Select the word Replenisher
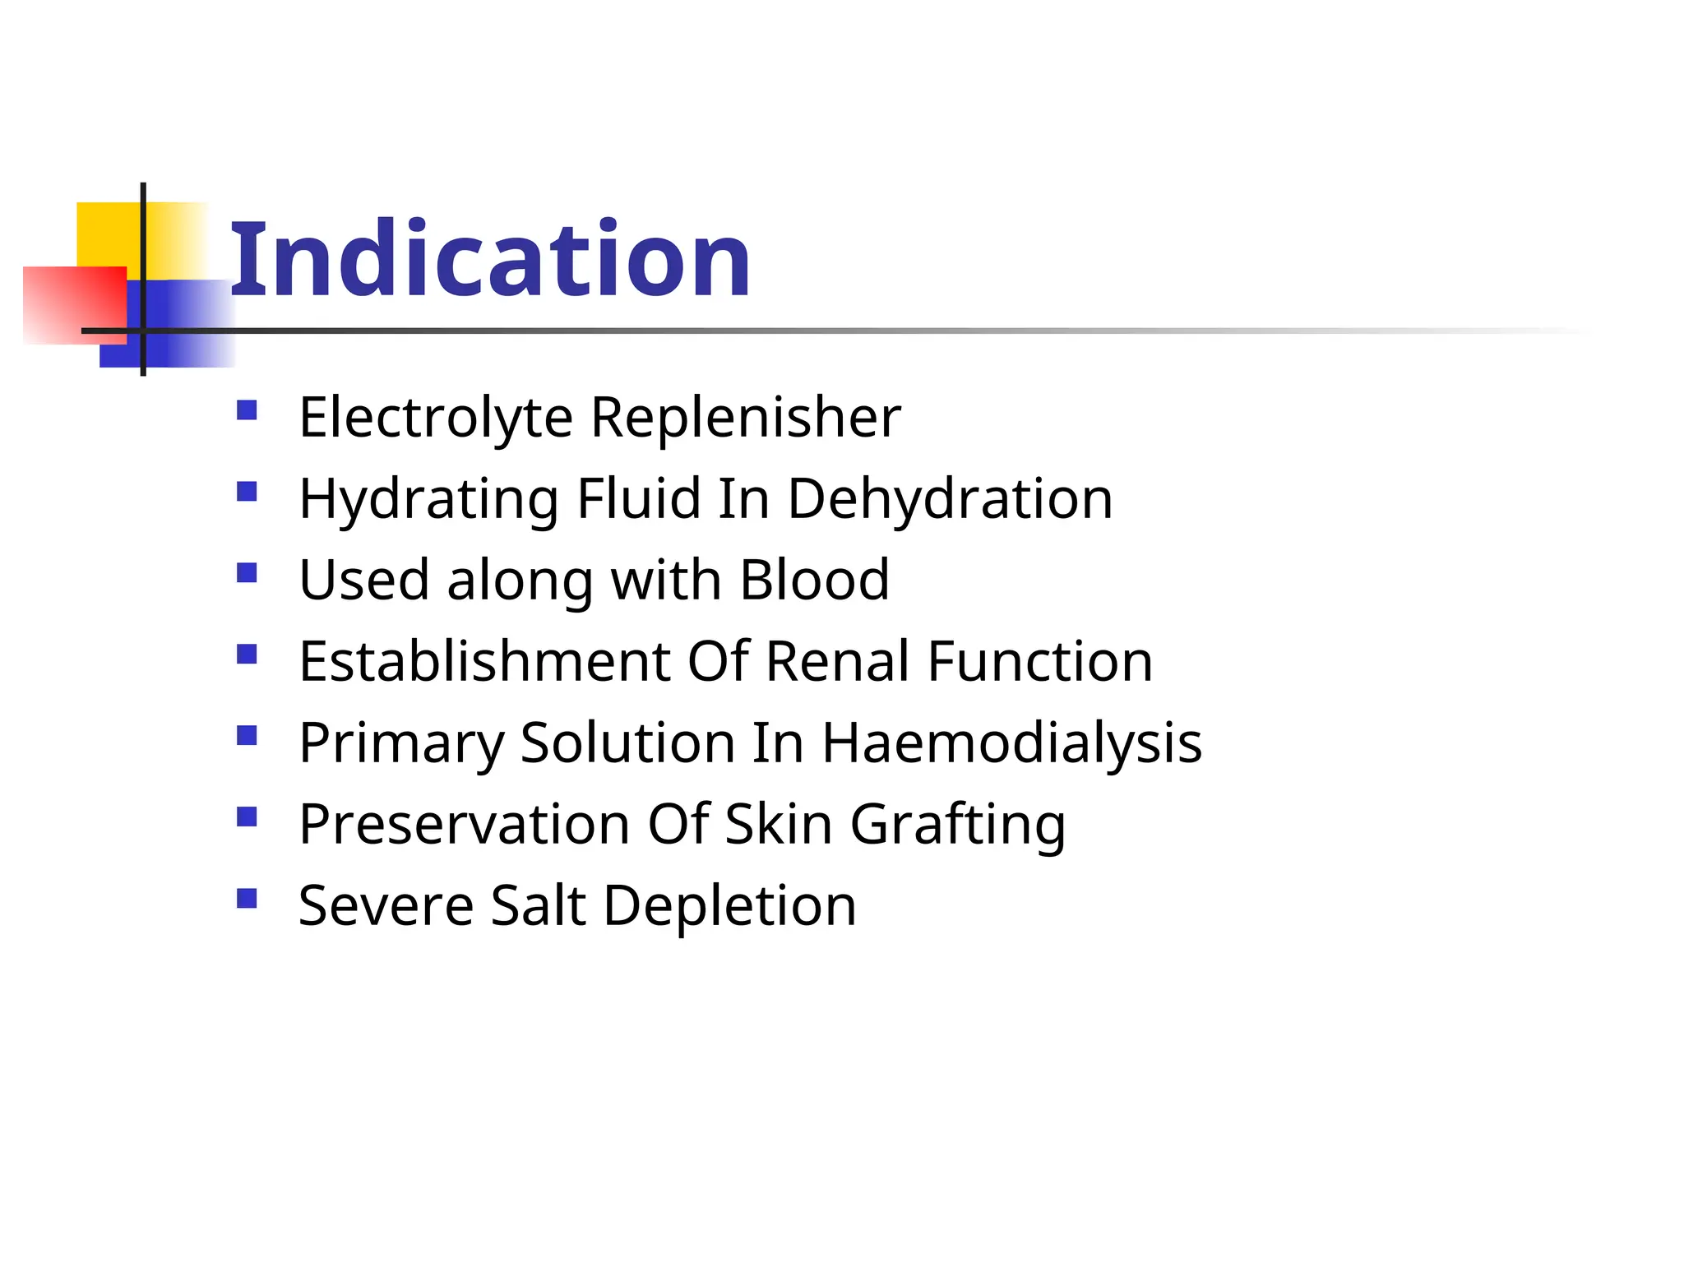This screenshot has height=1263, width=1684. click(x=746, y=418)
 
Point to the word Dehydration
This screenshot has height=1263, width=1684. click(x=950, y=499)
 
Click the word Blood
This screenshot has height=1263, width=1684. click(x=814, y=580)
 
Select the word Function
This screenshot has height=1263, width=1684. click(x=1040, y=661)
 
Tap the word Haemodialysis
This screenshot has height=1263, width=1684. click(x=1012, y=743)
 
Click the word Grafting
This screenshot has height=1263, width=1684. click(x=958, y=824)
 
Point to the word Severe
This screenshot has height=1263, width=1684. click(x=386, y=905)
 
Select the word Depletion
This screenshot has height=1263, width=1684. click(x=730, y=905)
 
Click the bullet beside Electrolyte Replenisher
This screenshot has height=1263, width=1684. click(x=247, y=409)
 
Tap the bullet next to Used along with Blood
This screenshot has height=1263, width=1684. click(x=247, y=572)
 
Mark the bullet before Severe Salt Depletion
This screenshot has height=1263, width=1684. click(x=247, y=898)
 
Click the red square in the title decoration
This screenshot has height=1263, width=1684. click(x=74, y=304)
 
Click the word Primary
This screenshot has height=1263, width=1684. click(x=401, y=743)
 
